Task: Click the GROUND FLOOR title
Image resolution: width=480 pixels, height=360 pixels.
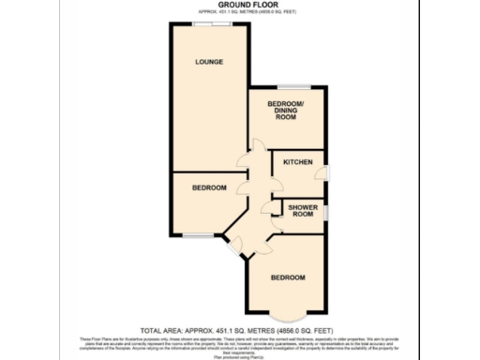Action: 239,5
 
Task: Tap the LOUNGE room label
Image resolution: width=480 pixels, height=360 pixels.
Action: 209,63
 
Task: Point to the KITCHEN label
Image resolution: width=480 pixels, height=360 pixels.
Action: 297,162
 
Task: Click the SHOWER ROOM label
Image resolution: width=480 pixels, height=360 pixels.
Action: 302,210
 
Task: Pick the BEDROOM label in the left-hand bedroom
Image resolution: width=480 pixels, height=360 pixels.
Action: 209,188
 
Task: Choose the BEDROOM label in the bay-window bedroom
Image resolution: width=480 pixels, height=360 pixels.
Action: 288,277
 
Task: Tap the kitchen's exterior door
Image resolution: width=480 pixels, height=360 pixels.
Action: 326,172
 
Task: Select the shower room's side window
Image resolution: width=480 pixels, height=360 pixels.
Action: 326,213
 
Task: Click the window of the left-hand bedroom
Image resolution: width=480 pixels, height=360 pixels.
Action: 197,234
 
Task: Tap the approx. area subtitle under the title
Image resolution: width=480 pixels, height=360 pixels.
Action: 239,12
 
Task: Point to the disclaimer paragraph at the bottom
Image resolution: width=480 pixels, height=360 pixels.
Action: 239,344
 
